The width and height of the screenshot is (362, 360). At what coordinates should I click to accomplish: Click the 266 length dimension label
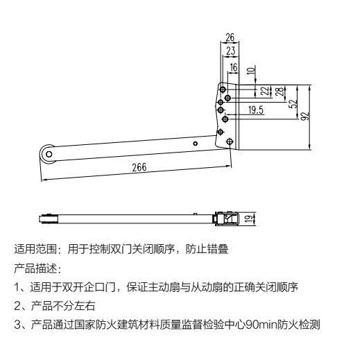(x=139, y=167)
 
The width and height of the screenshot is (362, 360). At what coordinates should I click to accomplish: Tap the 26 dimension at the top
(x=230, y=37)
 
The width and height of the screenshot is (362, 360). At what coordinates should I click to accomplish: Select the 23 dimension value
(x=230, y=51)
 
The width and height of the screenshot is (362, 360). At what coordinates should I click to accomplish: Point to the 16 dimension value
(x=234, y=67)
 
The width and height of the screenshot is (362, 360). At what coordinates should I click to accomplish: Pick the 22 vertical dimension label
(x=265, y=91)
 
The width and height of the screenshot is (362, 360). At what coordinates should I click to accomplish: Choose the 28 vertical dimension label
(x=279, y=92)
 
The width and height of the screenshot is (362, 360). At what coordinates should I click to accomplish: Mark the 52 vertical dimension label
(x=293, y=104)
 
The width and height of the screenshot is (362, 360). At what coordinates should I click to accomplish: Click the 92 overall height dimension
(x=305, y=116)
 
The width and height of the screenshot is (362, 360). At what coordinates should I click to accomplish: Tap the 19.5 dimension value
(x=256, y=110)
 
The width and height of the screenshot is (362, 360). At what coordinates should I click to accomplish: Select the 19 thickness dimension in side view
(x=249, y=218)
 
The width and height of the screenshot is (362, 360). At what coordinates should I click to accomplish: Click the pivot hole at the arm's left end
(x=49, y=154)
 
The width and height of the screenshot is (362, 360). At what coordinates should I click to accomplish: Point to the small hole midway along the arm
(x=196, y=144)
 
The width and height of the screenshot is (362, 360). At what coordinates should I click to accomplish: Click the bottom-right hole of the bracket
(x=230, y=142)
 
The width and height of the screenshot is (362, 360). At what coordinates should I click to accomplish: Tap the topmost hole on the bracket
(x=223, y=89)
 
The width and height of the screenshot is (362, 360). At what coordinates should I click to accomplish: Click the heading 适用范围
(x=35, y=249)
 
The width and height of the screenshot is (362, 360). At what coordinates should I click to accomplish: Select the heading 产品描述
(x=35, y=268)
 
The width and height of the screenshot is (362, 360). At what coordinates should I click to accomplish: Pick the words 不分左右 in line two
(x=74, y=306)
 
